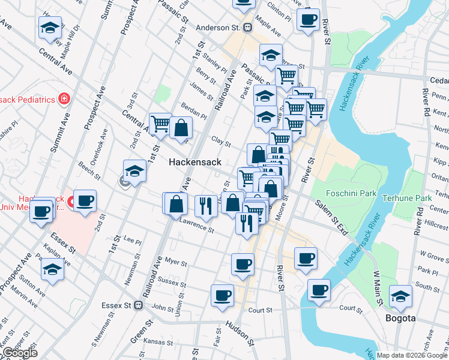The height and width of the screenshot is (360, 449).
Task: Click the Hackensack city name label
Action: tap(195, 162)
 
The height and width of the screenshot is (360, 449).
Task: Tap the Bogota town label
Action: tap(400, 318)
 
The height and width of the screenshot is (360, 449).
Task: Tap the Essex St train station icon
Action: tap(139, 305)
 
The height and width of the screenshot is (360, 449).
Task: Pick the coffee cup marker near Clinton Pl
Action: tap(308, 20)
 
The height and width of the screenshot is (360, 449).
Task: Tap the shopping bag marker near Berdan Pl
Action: tap(181, 127)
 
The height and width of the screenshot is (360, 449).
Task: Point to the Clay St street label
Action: tap(221, 142)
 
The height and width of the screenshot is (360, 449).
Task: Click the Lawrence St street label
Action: tap(196, 226)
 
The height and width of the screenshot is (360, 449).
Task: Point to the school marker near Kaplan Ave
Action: tap(53, 269)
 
